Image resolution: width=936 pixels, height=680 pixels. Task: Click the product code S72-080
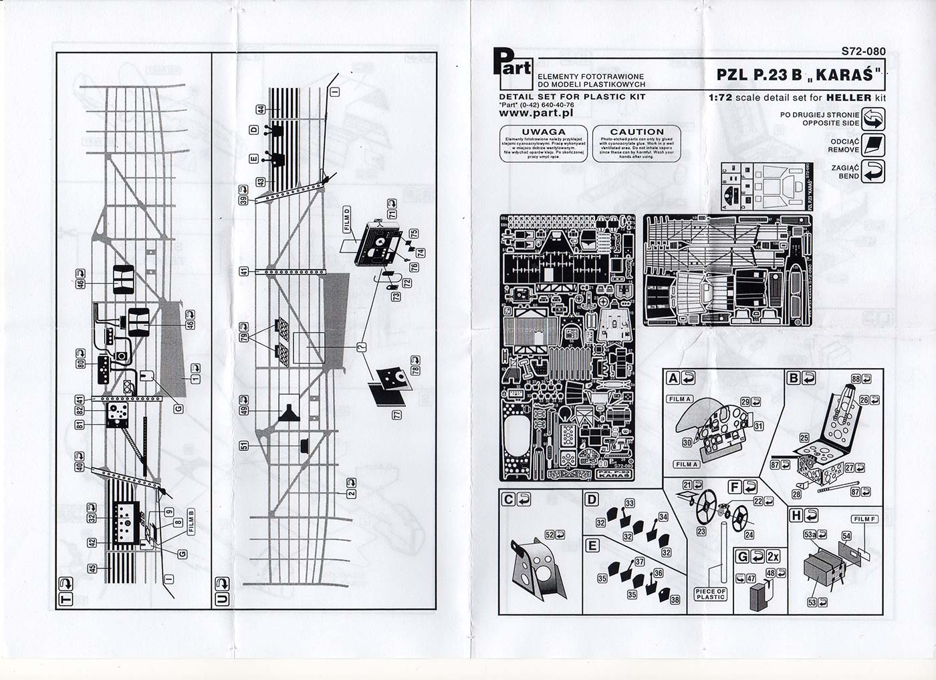point(864,51)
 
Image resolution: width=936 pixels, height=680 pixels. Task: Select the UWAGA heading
point(543,132)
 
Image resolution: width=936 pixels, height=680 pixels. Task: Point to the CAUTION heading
point(636,132)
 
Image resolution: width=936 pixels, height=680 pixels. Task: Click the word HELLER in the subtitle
point(848,98)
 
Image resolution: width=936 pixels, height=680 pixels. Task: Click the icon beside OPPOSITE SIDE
point(874,119)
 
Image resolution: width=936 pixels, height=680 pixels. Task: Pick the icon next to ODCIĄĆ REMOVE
point(874,145)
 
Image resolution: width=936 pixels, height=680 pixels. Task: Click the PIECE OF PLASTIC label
point(711,594)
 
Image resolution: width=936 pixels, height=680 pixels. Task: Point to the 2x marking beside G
point(774,556)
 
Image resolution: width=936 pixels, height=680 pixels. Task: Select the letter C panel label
point(508,498)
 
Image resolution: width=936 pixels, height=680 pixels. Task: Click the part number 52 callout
point(550,534)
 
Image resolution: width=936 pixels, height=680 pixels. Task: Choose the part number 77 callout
point(396,415)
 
